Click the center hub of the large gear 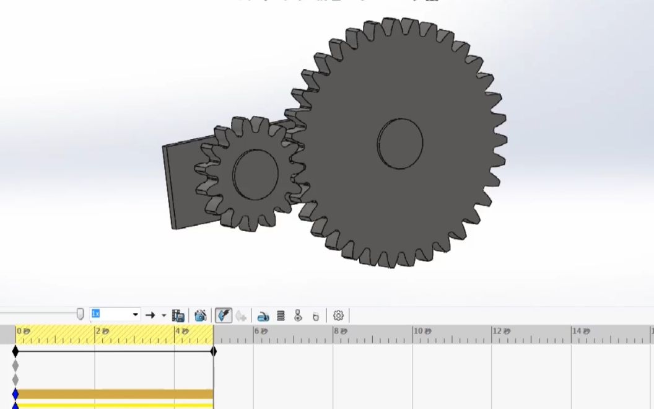[x=400, y=143]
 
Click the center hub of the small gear [x=255, y=174]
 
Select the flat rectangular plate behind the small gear [x=180, y=186]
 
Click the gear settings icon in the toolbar [x=338, y=315]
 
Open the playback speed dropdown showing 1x [x=135, y=315]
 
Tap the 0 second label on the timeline [x=23, y=332]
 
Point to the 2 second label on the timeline [x=102, y=332]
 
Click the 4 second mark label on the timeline [x=181, y=332]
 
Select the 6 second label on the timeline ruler [x=261, y=332]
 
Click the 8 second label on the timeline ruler [x=340, y=332]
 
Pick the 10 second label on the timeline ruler [x=421, y=332]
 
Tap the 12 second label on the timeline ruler [x=500, y=332]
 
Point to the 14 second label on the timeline [x=580, y=332]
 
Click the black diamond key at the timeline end [x=214, y=351]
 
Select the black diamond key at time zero [x=15, y=351]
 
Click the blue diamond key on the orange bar [x=15, y=394]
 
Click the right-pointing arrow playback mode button [x=150, y=315]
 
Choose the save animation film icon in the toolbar [x=178, y=315]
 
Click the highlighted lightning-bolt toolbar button [x=224, y=315]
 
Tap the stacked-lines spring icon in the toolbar [x=281, y=315]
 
